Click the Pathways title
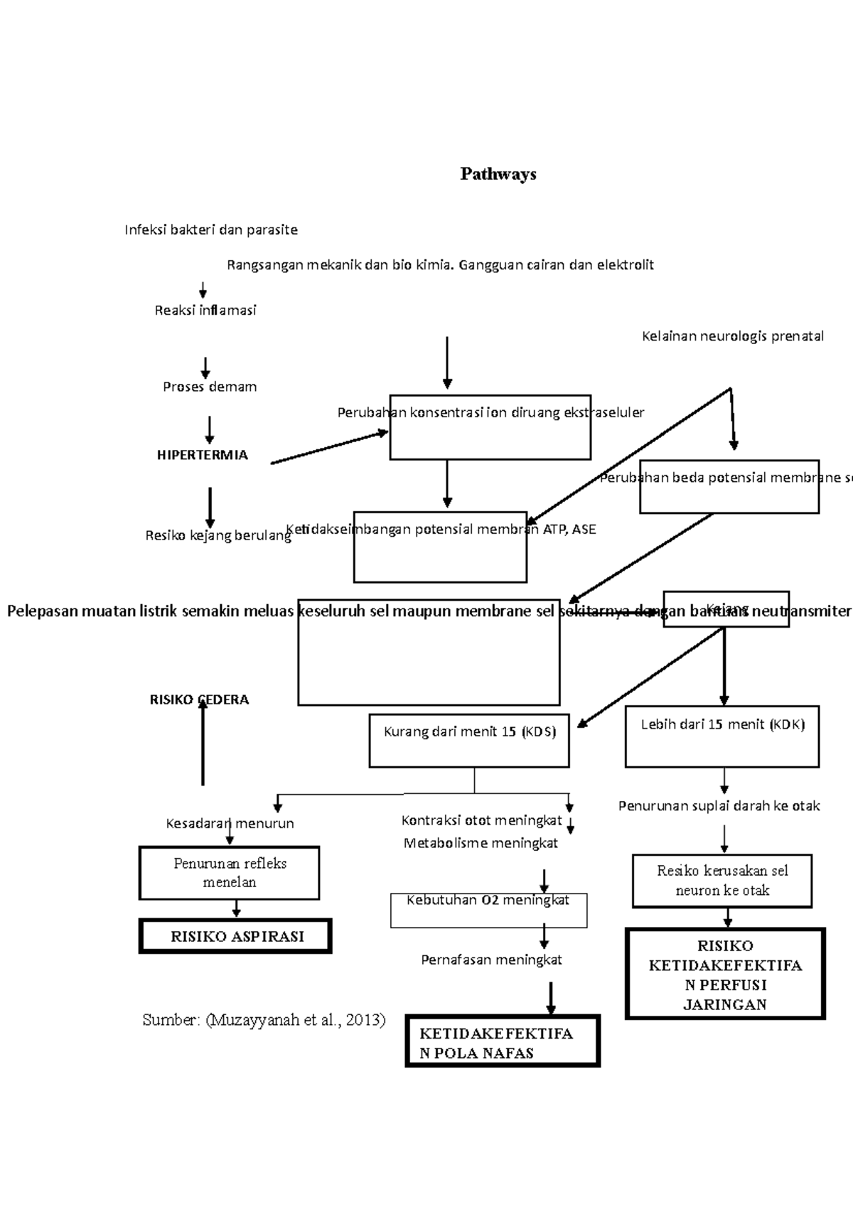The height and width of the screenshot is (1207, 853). (498, 174)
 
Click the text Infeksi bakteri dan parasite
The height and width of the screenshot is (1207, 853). (211, 230)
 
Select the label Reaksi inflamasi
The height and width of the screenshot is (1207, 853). (205, 310)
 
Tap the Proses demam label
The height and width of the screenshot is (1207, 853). (210, 387)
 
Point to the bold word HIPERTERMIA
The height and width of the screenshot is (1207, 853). (203, 455)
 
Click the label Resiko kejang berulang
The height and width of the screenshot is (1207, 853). (218, 536)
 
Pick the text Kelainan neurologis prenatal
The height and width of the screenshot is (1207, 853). (733, 336)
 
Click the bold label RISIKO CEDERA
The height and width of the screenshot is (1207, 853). (199, 699)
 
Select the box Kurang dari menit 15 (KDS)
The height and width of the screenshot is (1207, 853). (469, 741)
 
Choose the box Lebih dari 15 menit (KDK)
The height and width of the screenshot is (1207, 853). (722, 736)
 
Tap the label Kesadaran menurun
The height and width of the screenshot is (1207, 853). (230, 823)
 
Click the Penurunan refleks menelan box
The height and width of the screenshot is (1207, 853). (230, 873)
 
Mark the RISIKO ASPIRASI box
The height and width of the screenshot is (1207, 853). (235, 936)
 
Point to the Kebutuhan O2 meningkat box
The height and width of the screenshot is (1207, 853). (488, 910)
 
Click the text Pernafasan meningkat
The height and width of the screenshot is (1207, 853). (491, 960)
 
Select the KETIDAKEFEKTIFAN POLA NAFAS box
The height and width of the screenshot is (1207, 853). (503, 1041)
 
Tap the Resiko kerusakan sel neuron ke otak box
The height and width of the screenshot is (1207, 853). (722, 881)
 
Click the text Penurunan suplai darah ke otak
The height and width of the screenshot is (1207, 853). (719, 806)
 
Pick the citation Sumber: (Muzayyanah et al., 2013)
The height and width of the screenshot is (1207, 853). (264, 1020)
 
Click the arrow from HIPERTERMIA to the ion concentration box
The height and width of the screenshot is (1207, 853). (330, 448)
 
